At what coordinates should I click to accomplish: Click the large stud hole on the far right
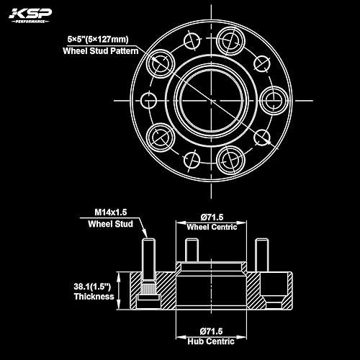coord(273,99)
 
